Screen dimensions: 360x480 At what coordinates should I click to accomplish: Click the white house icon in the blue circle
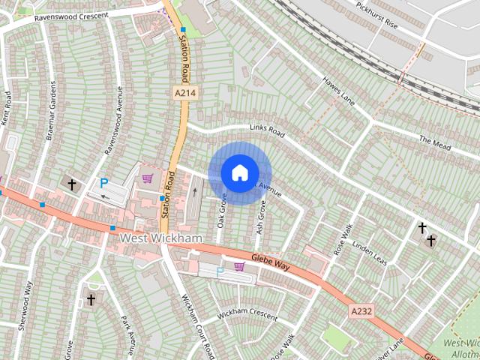tap(239, 172)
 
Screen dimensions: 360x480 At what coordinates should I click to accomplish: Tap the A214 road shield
tap(185, 92)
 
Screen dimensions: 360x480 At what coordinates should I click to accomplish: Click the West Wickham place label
tap(161, 238)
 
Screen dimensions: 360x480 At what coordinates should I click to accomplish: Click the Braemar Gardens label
tap(51, 111)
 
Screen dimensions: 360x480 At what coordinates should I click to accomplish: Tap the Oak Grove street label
tap(222, 211)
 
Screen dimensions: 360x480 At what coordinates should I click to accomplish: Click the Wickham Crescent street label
tap(247, 313)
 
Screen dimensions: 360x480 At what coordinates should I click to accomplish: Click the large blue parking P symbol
tap(104, 182)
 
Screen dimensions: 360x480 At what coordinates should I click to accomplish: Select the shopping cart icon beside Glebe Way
tap(239, 266)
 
